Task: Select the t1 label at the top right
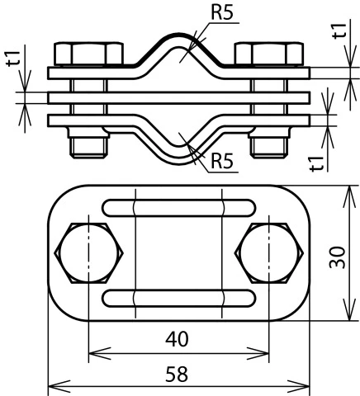[x=339, y=32]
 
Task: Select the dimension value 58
[x=178, y=374]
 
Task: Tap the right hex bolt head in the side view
[x=266, y=54]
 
